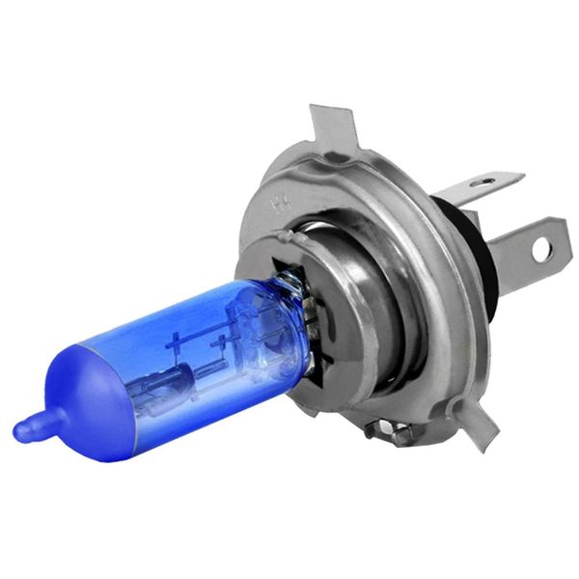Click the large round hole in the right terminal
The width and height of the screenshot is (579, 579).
[x=540, y=249]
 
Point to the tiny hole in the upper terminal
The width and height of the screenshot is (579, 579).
[x=488, y=180]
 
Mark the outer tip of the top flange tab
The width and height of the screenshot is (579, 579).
[x=324, y=111]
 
